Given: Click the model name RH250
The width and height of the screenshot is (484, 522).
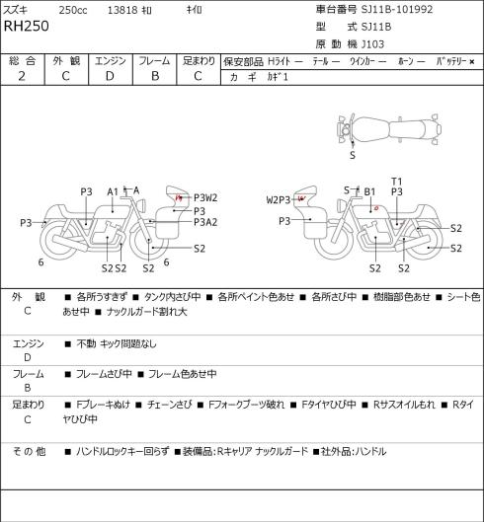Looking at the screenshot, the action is click(x=27, y=26).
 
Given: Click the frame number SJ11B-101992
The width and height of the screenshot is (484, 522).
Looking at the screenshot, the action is click(x=397, y=9).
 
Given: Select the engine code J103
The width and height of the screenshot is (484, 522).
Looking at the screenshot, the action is click(x=373, y=44).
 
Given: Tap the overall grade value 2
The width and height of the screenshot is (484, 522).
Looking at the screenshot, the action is click(x=22, y=76).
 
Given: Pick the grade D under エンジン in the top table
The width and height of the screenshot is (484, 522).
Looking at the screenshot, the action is click(x=110, y=76).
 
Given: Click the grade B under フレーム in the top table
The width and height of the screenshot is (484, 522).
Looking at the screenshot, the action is click(x=155, y=76).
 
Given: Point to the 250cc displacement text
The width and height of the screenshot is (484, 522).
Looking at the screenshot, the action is click(x=73, y=10).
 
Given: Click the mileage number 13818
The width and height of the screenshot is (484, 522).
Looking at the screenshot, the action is click(x=122, y=10).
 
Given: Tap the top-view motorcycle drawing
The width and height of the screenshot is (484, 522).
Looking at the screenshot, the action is click(x=389, y=129).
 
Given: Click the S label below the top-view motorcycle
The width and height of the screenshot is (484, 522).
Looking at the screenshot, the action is click(x=353, y=155).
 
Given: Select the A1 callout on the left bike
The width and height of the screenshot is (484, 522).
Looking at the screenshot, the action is click(x=113, y=192).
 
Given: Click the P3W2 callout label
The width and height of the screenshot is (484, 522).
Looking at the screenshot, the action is click(x=205, y=198).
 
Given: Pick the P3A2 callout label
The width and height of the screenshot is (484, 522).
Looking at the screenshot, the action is click(x=205, y=222).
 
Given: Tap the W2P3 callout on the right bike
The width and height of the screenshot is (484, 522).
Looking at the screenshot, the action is click(x=279, y=200).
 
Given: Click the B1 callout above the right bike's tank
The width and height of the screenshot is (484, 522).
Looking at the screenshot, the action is click(x=369, y=192).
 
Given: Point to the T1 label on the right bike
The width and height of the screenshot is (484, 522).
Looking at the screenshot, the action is click(x=397, y=182).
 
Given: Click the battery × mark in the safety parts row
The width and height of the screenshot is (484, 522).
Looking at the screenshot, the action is click(x=472, y=61).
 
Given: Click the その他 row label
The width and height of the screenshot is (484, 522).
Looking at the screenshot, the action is click(x=29, y=451).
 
